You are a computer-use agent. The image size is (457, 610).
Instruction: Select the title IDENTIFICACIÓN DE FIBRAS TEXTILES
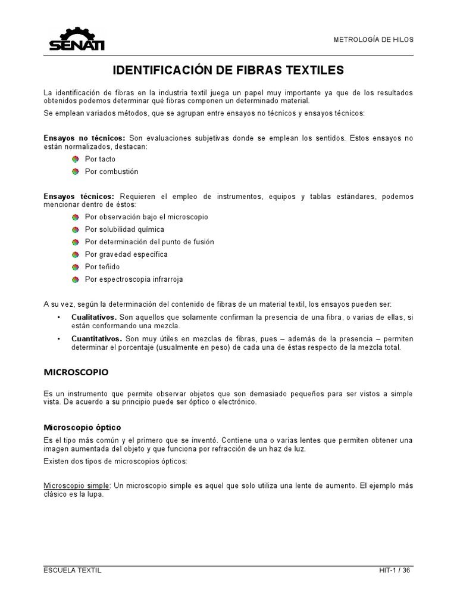click(228, 70)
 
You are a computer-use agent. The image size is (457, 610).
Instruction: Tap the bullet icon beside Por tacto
click(76, 159)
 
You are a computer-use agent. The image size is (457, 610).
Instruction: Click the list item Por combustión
click(111, 172)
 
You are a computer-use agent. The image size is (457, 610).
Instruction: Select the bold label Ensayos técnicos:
click(79, 197)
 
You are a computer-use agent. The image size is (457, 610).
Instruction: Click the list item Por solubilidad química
click(124, 229)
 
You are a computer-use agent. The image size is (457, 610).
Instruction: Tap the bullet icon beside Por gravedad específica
click(76, 254)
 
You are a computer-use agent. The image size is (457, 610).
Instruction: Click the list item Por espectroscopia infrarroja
click(134, 279)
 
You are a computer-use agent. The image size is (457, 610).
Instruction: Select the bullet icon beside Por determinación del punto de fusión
click(76, 242)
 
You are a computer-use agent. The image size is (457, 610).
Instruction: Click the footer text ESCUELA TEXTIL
click(73, 570)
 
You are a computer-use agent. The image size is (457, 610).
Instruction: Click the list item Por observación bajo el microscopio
click(146, 217)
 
